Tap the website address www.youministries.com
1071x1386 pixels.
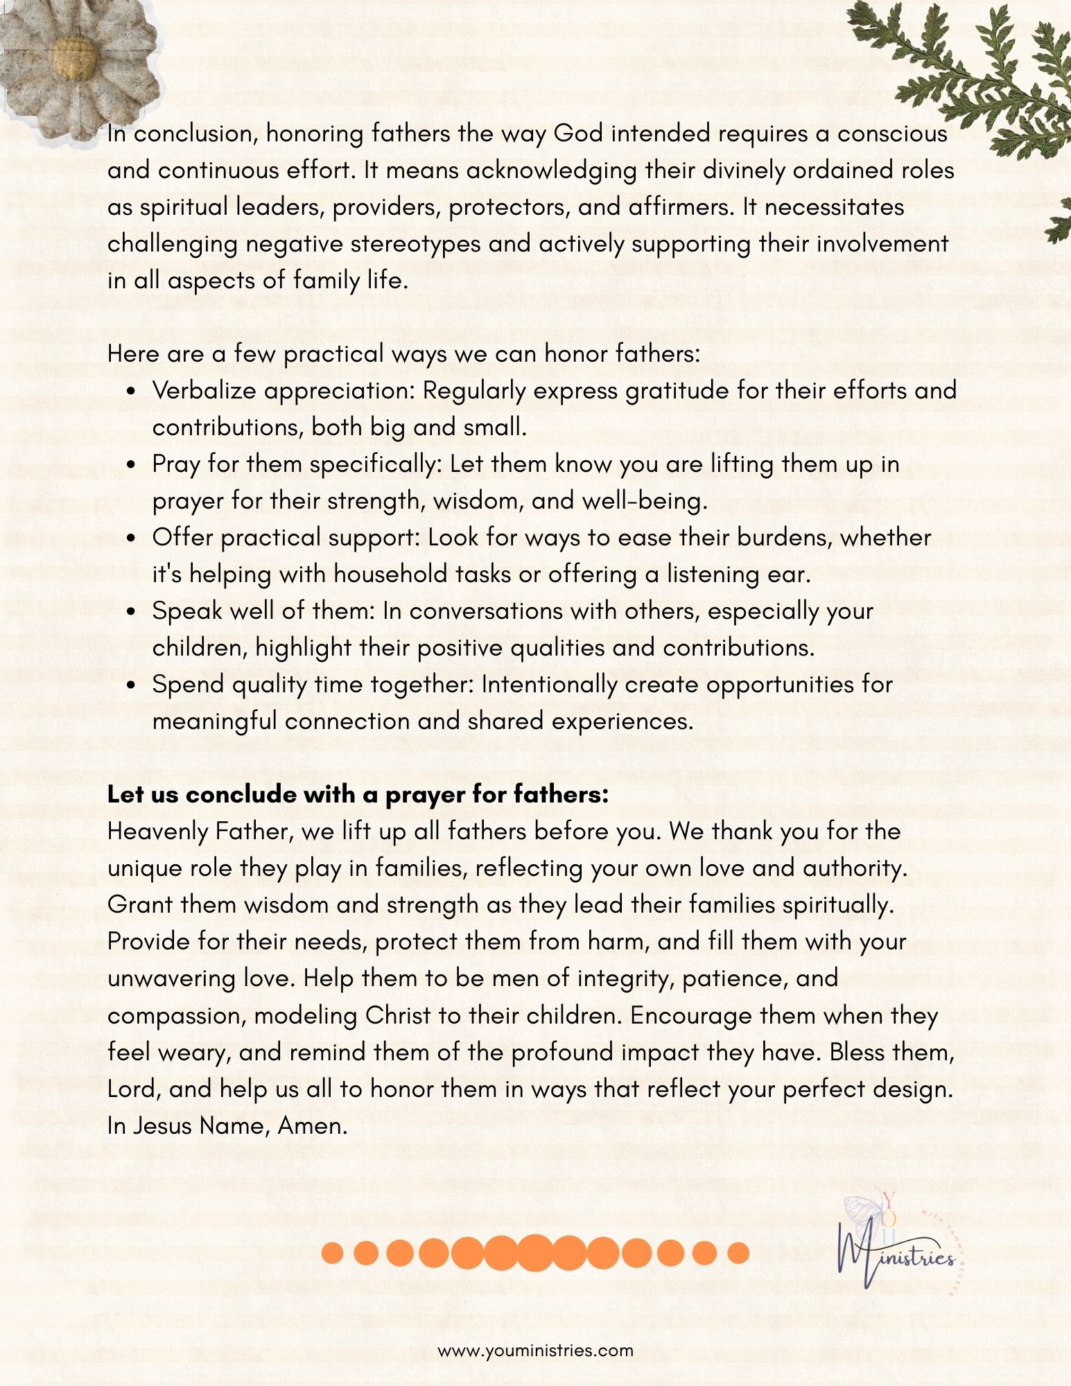[535, 1350]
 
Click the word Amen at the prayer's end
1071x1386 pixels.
[312, 1126]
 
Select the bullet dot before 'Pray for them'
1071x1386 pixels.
[132, 465]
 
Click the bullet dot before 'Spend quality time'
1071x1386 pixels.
[132, 685]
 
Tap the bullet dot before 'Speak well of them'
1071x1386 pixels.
[132, 612]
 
